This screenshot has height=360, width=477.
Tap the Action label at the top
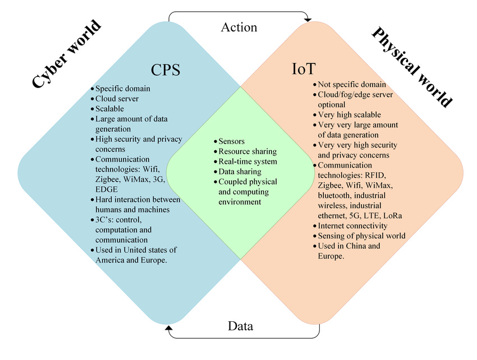(x=239, y=27)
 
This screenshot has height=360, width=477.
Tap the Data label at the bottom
(x=240, y=326)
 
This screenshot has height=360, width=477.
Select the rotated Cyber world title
(x=66, y=54)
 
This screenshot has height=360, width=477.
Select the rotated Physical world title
(x=412, y=67)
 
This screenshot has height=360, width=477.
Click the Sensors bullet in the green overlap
(x=231, y=141)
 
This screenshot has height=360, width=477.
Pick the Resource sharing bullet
(x=247, y=151)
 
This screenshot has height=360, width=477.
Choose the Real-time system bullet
(x=247, y=161)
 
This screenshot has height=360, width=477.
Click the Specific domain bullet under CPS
(x=122, y=89)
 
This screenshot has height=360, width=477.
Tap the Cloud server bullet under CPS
(x=117, y=99)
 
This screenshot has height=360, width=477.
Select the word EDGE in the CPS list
(x=107, y=190)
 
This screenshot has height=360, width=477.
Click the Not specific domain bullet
(x=351, y=85)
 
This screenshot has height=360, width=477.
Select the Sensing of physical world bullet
(x=361, y=236)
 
